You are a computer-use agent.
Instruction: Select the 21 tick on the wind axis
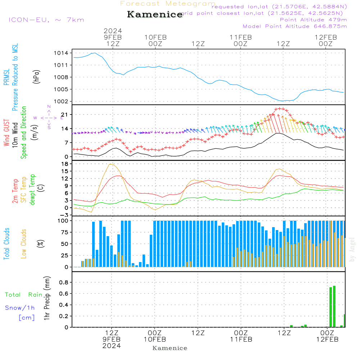coord(65,114)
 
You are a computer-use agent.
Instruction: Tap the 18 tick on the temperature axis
coord(65,164)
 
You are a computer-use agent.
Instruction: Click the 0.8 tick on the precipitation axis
coord(64,282)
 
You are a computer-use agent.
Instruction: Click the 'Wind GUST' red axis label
coord(6,134)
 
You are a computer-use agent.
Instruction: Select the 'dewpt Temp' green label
coord(32,190)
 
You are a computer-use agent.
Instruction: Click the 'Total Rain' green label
coord(24,295)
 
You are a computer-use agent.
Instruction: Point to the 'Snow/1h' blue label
coord(20,308)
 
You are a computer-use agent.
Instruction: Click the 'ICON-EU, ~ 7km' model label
coord(46,20)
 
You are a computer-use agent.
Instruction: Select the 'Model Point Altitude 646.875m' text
coord(295,26)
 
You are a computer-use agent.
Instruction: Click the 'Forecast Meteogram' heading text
coord(168,4)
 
